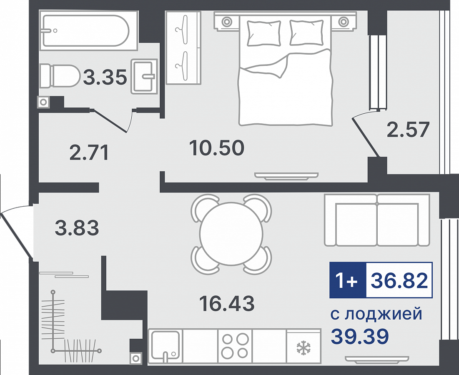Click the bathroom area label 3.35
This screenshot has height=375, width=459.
click(x=105, y=77)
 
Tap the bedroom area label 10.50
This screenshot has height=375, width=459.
click(x=217, y=147)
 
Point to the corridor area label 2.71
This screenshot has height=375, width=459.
click(x=89, y=152)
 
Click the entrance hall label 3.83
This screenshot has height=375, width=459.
click(x=77, y=228)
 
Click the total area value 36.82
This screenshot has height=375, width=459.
click(x=399, y=280)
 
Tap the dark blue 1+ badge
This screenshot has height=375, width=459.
click(x=348, y=280)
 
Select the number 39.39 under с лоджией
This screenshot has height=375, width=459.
click(x=360, y=336)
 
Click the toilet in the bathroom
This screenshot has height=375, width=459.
click(x=60, y=76)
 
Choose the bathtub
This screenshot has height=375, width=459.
click(x=86, y=30)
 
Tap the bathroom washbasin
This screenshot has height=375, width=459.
click(x=144, y=76)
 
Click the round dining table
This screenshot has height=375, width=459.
click(x=231, y=234)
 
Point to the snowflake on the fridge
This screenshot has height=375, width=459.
click(x=304, y=348)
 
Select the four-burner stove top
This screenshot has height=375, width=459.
click(x=235, y=346)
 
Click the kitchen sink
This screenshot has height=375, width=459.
click(x=166, y=346)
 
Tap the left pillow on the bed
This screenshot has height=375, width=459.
click(x=264, y=33)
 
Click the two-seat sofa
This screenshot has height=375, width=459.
click(x=377, y=220)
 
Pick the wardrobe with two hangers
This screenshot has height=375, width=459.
click(x=183, y=48)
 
